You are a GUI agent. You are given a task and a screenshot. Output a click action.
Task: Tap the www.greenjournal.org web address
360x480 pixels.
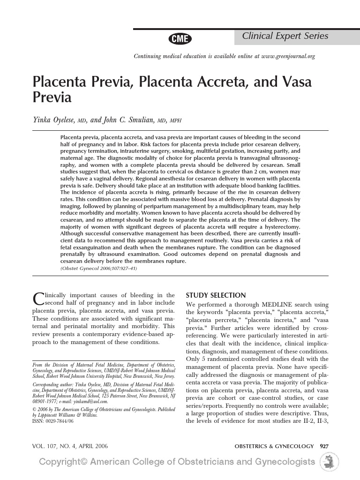click(x=288, y=56)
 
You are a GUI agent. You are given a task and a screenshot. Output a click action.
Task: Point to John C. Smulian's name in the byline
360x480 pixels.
click(x=133, y=120)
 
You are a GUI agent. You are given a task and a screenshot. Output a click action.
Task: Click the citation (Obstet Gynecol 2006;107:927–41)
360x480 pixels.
click(x=99, y=268)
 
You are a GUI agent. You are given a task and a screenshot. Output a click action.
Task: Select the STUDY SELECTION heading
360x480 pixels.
click(x=216, y=295)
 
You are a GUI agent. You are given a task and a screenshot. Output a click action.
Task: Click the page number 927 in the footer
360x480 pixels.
click(x=324, y=445)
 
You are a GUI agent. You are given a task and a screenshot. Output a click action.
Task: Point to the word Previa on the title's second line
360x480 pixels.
click(x=52, y=97)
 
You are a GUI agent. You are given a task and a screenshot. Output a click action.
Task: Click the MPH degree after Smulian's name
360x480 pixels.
click(x=176, y=121)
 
